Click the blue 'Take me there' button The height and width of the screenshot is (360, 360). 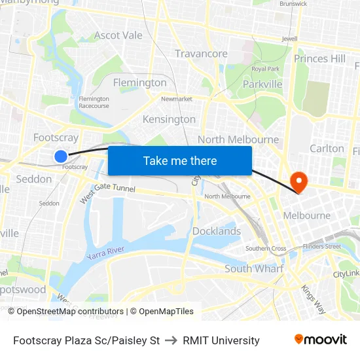[180, 161]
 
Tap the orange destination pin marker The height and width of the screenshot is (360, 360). [298, 181]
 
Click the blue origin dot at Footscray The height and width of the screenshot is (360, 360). [60, 156]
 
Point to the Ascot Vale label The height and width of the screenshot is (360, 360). [118, 35]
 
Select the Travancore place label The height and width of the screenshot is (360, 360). [201, 54]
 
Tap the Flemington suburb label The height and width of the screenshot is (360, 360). [140, 82]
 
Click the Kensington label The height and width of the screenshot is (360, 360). [169, 119]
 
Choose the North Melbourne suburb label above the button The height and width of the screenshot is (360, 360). [238, 139]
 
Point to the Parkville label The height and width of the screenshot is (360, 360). [262, 84]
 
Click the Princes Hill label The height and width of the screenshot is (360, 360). [319, 59]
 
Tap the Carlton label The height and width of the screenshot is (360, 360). [327, 149]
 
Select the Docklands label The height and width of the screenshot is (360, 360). [217, 231]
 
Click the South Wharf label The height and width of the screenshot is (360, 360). [254, 269]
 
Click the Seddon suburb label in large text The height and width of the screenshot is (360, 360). [34, 179]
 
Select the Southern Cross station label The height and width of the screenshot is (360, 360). [266, 249]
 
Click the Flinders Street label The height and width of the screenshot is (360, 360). [321, 247]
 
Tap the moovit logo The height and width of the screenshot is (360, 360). [320, 340]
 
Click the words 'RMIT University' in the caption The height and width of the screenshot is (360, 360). [221, 340]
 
